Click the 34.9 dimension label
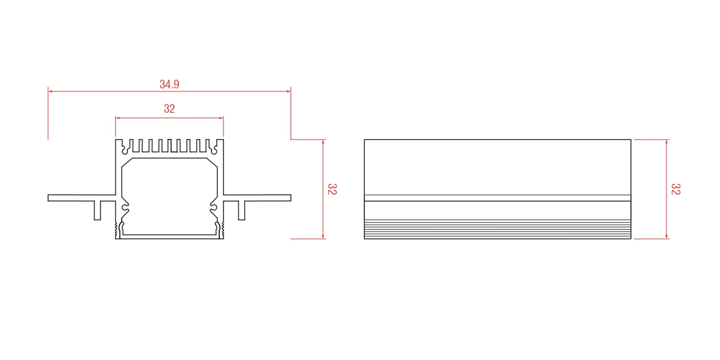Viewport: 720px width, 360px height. click(169, 85)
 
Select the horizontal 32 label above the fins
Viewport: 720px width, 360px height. click(169, 109)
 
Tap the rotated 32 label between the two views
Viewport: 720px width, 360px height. click(332, 189)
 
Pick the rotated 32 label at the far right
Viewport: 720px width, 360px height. click(676, 189)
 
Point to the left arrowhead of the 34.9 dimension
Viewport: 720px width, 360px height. click(50, 91)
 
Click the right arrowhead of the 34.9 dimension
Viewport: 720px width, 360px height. click(289, 91)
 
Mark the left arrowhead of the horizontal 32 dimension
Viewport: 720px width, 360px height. click(118, 118)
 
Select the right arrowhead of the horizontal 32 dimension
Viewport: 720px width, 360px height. click(221, 118)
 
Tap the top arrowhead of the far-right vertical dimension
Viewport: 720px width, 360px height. click(666, 141)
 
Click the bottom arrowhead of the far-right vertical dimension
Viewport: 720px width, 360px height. click(666, 236)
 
